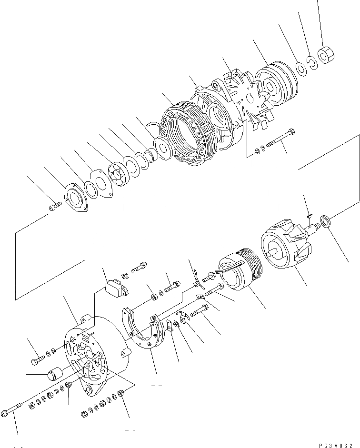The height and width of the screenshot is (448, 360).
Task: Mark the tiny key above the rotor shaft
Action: tap(309, 216)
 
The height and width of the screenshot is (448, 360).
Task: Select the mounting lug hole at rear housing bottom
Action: tap(89, 404)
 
